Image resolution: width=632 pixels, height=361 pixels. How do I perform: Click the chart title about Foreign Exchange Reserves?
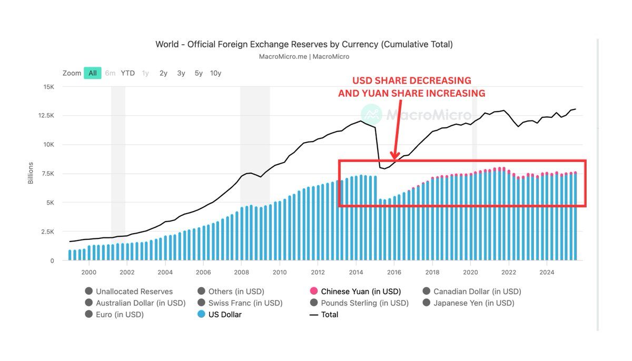(x=304, y=44)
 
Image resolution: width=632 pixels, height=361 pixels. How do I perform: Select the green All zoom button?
(x=93, y=73)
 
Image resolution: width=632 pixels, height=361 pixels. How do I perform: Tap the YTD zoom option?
(x=127, y=73)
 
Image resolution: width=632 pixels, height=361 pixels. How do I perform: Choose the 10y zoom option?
(x=215, y=73)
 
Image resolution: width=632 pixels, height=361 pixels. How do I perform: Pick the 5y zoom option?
(x=199, y=73)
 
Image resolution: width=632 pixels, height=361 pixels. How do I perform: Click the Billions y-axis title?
(x=31, y=173)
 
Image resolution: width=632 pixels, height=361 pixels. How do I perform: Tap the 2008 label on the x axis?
(x=241, y=272)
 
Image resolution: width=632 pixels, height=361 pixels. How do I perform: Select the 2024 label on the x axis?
(x=547, y=272)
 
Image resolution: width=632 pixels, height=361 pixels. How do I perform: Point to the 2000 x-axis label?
(x=88, y=272)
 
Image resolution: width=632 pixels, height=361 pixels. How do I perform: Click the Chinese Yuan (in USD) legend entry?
(x=361, y=291)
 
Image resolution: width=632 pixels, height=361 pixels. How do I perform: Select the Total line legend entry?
(x=329, y=315)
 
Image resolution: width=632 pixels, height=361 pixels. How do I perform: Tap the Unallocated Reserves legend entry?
(x=134, y=291)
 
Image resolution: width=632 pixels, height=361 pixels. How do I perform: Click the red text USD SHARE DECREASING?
(x=412, y=81)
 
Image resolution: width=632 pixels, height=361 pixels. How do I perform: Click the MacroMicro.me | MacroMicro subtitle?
(x=304, y=56)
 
